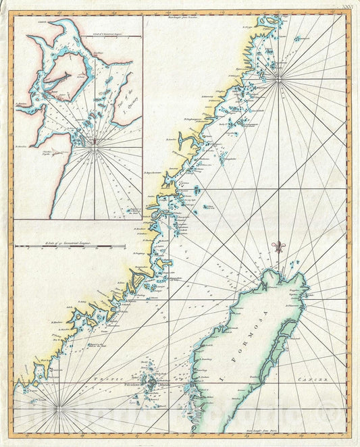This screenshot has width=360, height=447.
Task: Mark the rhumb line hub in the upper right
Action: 280,80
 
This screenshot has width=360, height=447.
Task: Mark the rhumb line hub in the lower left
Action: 60,408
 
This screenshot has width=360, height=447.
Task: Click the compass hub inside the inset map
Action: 95,141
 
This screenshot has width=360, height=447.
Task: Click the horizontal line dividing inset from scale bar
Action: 78,219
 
